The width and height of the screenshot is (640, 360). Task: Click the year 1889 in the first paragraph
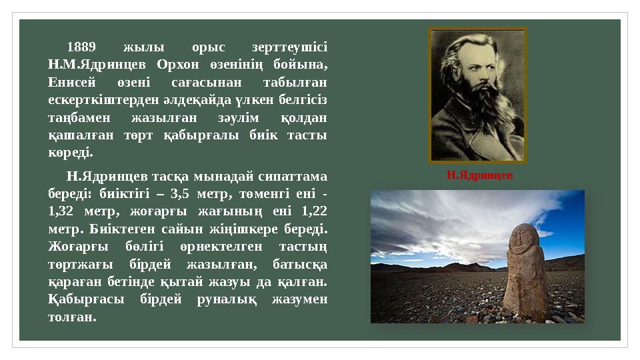(83, 48)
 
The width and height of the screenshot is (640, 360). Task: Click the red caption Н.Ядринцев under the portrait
(479, 175)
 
